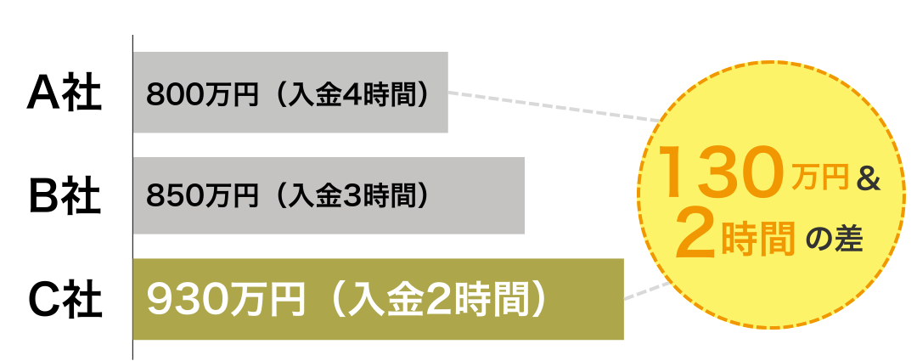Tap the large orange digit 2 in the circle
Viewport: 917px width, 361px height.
pyautogui.click(x=695, y=237)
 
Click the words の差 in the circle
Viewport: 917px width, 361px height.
pyautogui.click(x=835, y=241)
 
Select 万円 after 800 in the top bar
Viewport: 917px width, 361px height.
pyautogui.click(x=231, y=93)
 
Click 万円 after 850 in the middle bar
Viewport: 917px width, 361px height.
pyautogui.click(x=231, y=196)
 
